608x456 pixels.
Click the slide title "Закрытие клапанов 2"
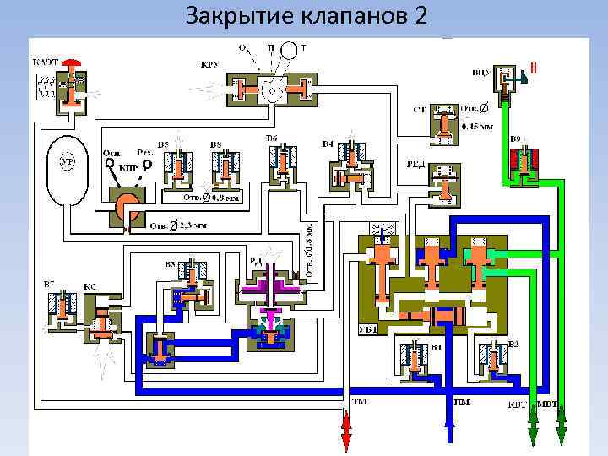[307, 16]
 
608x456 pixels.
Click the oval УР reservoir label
[65, 160]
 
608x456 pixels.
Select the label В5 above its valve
[162, 145]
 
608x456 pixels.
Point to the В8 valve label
[216, 145]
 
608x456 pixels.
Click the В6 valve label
[272, 138]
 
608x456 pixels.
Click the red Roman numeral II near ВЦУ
[533, 66]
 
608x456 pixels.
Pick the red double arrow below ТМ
[345, 431]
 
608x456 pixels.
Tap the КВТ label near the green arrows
[517, 404]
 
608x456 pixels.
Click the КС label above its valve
[90, 287]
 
